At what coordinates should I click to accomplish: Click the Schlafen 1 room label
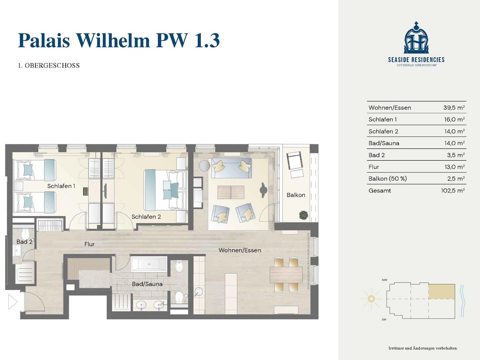click(61, 186)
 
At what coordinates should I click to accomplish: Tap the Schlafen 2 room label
click(146, 217)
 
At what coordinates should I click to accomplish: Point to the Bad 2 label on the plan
click(24, 242)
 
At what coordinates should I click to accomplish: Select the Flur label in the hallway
click(89, 244)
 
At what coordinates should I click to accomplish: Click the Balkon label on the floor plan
click(296, 195)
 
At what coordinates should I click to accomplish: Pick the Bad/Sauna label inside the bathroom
click(147, 284)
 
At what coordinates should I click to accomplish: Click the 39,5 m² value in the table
click(454, 108)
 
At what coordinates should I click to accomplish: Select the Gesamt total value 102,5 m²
click(453, 191)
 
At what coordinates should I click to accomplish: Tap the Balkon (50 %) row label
click(387, 179)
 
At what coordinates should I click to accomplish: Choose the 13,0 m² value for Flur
click(454, 167)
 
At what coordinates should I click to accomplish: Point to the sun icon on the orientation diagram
click(371, 299)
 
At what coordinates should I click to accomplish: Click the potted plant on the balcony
click(304, 215)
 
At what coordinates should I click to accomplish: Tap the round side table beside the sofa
click(204, 165)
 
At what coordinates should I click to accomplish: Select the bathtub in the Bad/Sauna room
click(149, 264)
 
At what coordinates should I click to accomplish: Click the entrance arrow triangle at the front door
click(13, 302)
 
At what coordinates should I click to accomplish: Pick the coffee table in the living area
click(231, 192)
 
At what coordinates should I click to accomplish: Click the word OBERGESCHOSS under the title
click(52, 66)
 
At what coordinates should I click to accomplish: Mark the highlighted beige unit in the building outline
click(442, 292)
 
